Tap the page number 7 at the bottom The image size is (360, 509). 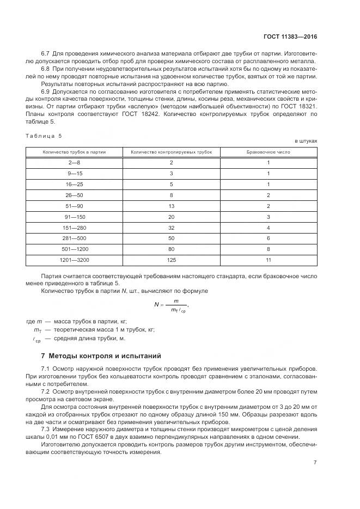315,462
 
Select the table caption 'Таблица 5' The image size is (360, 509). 44,135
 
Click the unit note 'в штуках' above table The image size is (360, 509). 306,141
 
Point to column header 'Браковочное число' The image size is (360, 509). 269,152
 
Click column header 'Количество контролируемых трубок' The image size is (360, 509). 171,152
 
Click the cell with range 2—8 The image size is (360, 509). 74,163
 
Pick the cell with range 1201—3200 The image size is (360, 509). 74,260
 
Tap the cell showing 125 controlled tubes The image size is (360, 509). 172,260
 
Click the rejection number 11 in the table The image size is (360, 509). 269,260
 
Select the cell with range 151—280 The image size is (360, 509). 74,228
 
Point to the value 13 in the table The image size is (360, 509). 172,206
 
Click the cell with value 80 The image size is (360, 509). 172,250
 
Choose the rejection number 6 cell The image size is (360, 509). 269,239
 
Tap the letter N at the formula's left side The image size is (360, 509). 156,304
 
